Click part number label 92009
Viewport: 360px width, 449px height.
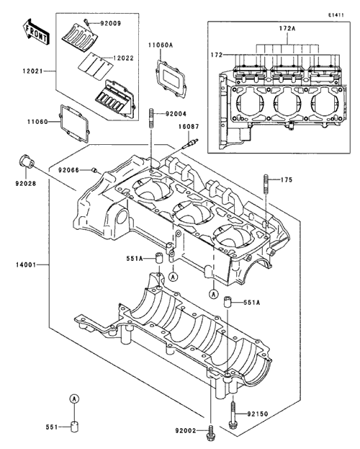click(x=111, y=23)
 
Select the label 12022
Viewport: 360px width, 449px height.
click(x=124, y=58)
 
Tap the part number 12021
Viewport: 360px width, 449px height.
click(x=33, y=71)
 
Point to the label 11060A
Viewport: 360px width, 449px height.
click(x=161, y=45)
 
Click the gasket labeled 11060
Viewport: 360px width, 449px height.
click(x=74, y=124)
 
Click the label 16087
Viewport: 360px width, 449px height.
click(x=189, y=126)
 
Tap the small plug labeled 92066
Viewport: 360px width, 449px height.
click(x=94, y=170)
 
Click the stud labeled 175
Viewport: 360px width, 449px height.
click(x=266, y=184)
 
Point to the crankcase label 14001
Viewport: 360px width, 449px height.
click(x=26, y=265)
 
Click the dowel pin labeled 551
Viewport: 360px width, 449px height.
click(x=74, y=427)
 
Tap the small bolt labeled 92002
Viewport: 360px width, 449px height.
click(x=211, y=430)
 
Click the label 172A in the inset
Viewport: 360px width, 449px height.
click(x=287, y=28)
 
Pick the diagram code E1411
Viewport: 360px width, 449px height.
click(x=336, y=15)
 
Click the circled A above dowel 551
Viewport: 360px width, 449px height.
click(x=74, y=399)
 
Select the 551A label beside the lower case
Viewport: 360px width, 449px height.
click(x=252, y=303)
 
